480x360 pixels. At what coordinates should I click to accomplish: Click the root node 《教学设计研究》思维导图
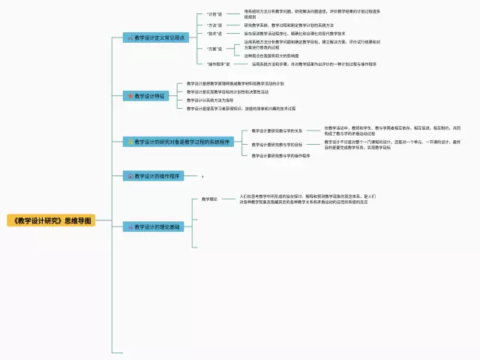coord(51,220)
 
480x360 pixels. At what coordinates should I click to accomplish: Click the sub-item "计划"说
coord(214,13)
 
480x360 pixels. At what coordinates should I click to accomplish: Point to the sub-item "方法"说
coord(214,25)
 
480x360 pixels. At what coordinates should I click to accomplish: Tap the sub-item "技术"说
coord(214,34)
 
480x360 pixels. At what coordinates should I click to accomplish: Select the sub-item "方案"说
coord(214,48)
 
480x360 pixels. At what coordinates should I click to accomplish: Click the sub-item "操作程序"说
coord(218,64)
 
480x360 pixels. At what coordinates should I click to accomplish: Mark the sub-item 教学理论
coord(209,199)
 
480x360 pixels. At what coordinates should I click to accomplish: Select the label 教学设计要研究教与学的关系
coord(277,130)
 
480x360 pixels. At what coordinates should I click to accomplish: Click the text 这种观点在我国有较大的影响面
coord(271,55)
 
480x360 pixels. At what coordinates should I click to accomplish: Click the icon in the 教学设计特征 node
coord(130,96)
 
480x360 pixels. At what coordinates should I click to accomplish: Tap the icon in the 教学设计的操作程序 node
coord(130,175)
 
